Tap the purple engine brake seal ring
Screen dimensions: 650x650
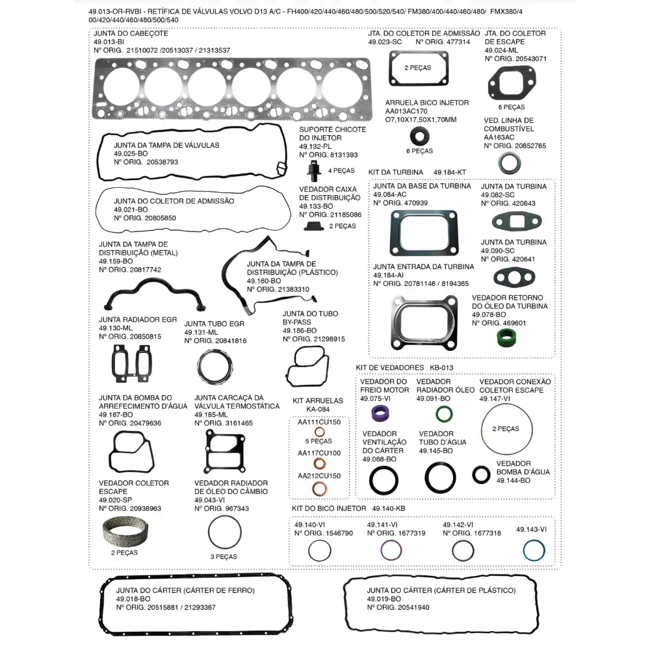click(380, 413)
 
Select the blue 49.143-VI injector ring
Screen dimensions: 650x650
click(534, 551)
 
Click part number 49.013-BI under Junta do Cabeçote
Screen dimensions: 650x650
click(109, 42)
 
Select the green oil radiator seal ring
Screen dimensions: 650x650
click(444, 414)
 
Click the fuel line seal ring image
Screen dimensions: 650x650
click(508, 162)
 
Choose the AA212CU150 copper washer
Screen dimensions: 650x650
click(320, 489)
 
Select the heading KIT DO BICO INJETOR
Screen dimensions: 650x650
click(328, 508)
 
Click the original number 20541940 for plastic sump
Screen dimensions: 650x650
click(410, 608)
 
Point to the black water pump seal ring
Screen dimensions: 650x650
click(481, 474)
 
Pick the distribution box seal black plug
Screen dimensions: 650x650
click(315, 226)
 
